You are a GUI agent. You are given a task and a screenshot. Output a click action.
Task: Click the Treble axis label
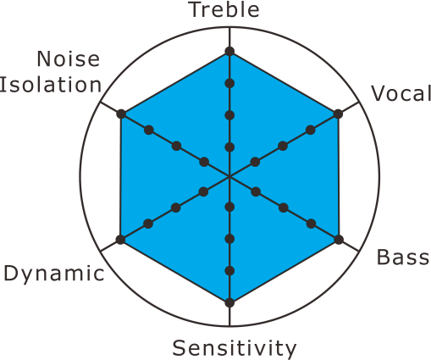225,10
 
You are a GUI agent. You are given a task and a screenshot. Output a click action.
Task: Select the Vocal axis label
401,93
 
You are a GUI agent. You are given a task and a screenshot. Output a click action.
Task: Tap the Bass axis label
403,258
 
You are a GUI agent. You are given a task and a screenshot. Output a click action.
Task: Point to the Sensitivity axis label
235,349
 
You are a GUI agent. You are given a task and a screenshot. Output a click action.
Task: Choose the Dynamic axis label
54,274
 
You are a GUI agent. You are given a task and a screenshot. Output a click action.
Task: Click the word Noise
69,58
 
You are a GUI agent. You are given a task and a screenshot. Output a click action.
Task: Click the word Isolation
51,85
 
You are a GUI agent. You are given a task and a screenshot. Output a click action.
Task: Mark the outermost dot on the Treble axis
229,52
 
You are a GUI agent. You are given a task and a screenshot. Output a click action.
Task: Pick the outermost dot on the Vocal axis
338,114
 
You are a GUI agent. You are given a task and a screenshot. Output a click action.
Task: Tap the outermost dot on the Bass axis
339,240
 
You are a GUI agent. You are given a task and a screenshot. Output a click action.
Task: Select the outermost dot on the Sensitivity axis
229,302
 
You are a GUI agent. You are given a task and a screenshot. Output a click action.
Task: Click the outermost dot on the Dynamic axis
120,240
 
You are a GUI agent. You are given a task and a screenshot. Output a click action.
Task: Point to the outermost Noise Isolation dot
121,114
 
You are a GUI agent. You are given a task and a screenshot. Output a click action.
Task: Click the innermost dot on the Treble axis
229,147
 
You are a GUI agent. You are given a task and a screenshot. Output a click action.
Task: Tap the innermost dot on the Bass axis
256,191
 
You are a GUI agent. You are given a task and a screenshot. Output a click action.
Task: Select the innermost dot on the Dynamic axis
203,191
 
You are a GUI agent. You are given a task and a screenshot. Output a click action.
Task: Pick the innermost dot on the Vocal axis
255,162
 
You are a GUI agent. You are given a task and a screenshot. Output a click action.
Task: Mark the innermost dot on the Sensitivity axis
229,207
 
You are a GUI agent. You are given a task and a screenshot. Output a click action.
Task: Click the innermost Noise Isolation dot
204,162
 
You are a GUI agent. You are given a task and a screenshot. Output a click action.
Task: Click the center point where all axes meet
229,177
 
